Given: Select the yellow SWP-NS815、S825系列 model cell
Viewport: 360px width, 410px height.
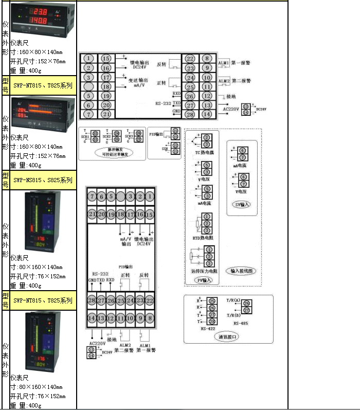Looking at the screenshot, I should tap(43, 181).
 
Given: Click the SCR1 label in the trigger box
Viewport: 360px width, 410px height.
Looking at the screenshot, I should tap(85, 137).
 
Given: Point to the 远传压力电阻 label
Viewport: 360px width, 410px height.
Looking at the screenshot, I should tap(204, 270).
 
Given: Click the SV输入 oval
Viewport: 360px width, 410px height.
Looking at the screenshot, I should tap(242, 204).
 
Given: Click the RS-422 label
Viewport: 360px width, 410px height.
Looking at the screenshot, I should tap(208, 328).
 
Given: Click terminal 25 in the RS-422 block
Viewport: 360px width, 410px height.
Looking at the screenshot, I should tap(212, 300).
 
